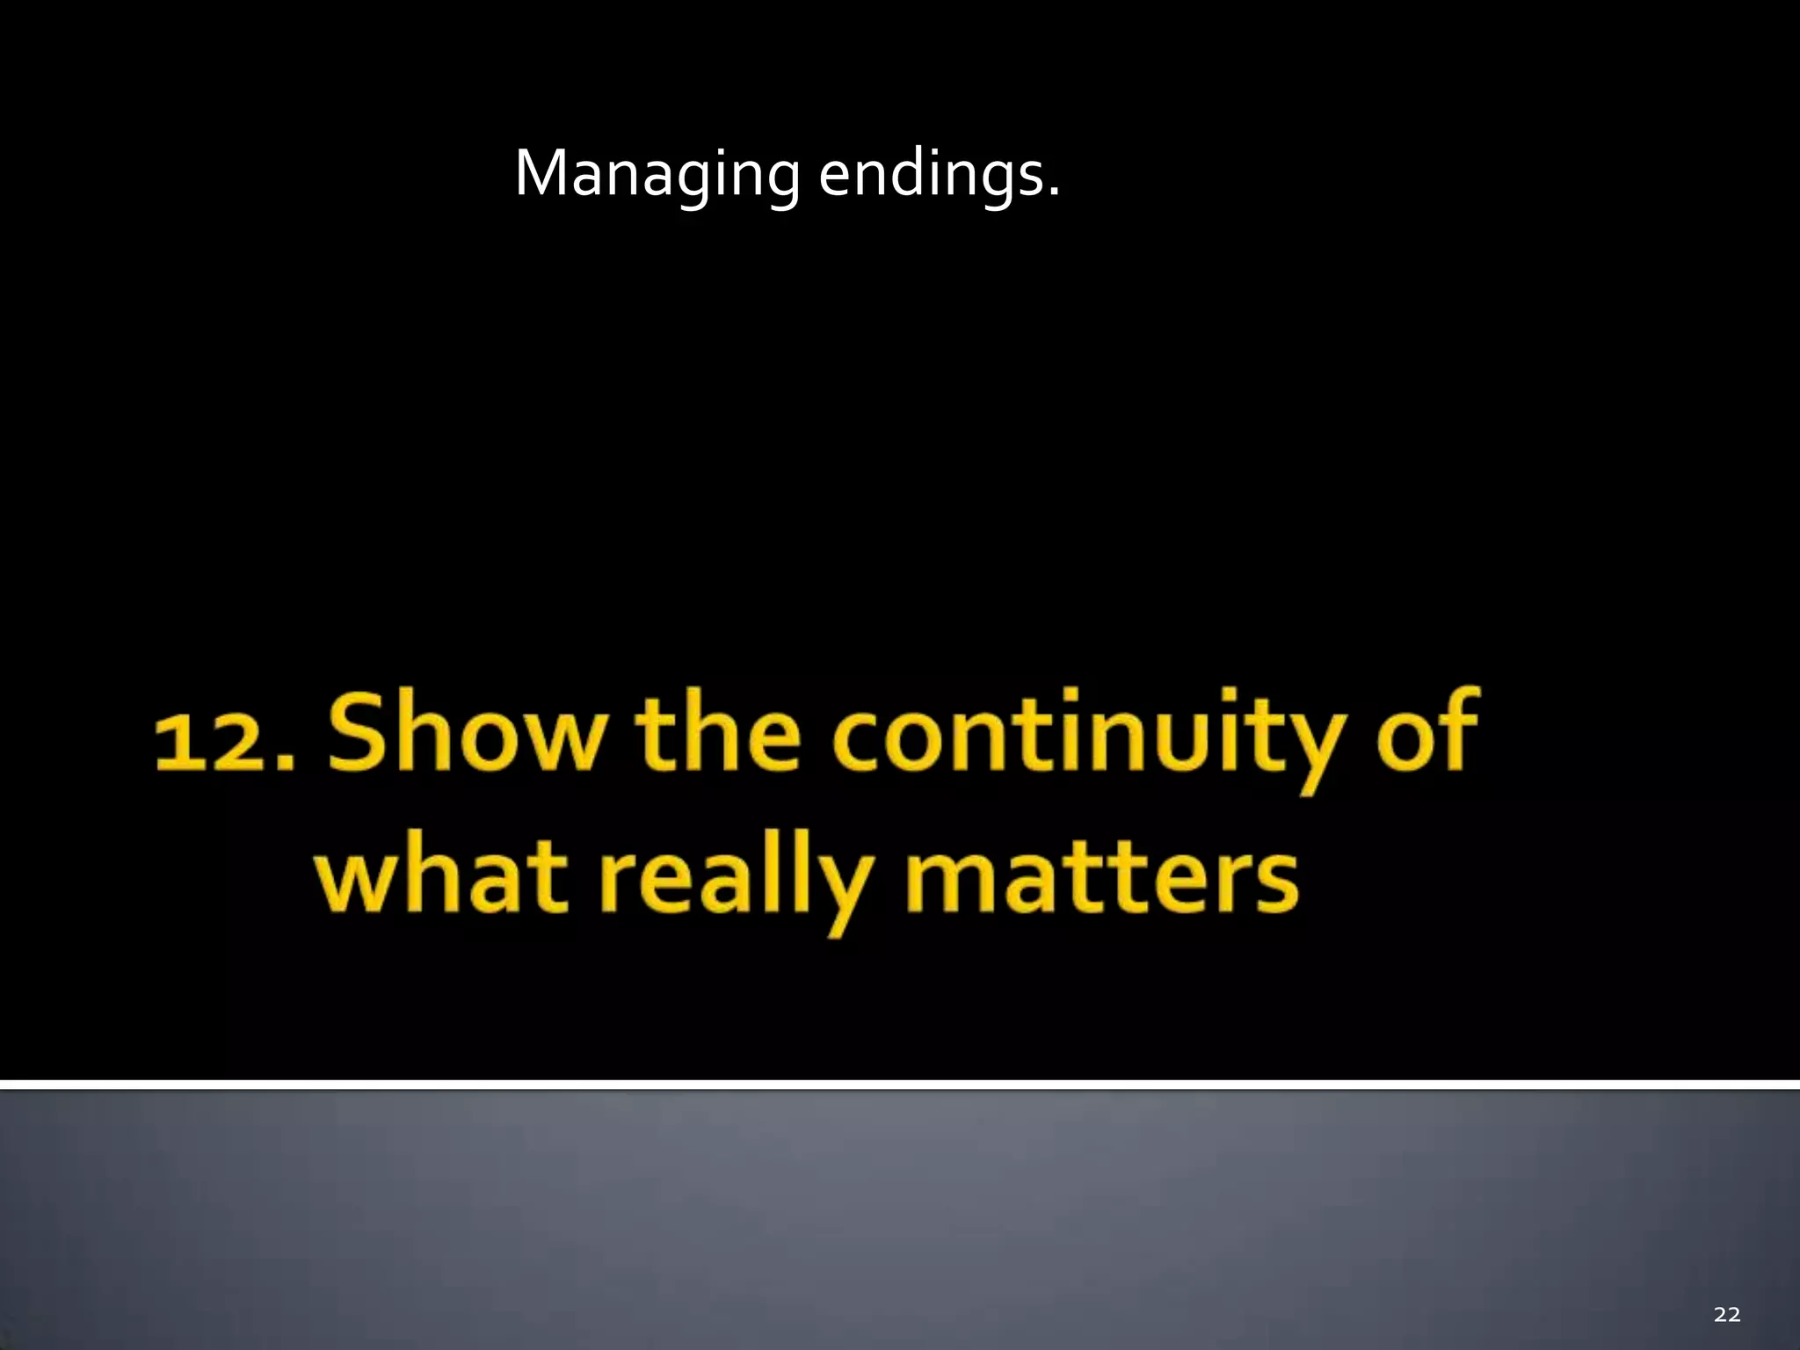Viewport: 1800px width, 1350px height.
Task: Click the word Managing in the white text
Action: pyautogui.click(x=657, y=174)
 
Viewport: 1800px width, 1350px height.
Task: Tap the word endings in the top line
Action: pyautogui.click(x=930, y=174)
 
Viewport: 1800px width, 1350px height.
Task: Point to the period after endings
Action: pyautogui.click(x=1054, y=192)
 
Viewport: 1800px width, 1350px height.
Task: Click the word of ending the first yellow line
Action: pyautogui.click(x=1430, y=731)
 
